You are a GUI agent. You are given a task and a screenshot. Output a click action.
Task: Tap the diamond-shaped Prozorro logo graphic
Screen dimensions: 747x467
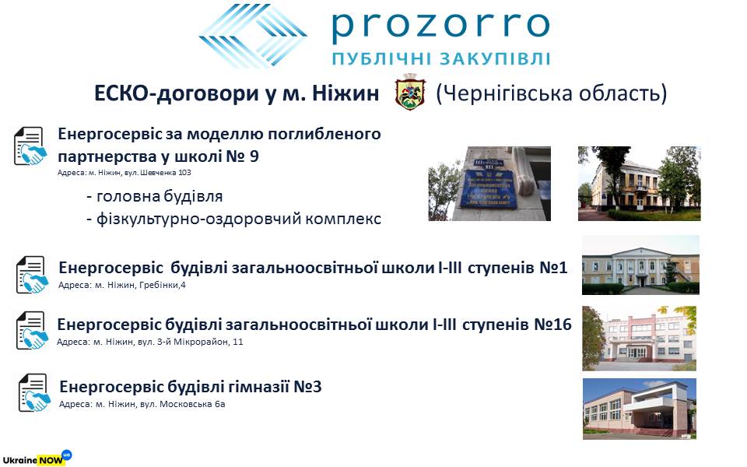pos(253,36)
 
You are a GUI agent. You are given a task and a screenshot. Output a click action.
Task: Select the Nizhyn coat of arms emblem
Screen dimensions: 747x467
pos(410,92)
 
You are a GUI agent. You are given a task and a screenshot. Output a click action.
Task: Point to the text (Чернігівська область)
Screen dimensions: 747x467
pos(551,93)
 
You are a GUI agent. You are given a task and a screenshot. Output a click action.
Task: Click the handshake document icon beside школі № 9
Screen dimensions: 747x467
pos(30,146)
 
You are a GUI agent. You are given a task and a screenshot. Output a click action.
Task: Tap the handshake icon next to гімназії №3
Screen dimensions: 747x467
pos(34,392)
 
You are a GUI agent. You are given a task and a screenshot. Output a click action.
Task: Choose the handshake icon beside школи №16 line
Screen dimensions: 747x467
pos(32,330)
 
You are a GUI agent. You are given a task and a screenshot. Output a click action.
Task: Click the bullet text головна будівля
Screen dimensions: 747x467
pos(155,196)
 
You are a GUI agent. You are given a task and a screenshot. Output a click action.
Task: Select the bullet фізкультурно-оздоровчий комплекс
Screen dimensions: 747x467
pos(234,219)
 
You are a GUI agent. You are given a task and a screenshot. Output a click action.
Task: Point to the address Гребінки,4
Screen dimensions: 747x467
pos(167,285)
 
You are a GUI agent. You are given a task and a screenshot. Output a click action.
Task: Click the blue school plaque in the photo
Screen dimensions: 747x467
pos(489,188)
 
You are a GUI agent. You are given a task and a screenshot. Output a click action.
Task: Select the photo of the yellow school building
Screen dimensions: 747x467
pos(640,184)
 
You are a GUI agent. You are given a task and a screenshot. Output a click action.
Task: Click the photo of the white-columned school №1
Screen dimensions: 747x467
pos(640,265)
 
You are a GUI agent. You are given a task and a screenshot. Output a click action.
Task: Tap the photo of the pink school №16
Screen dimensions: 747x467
pos(640,339)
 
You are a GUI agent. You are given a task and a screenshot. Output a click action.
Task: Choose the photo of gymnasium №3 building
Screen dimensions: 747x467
pos(640,409)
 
